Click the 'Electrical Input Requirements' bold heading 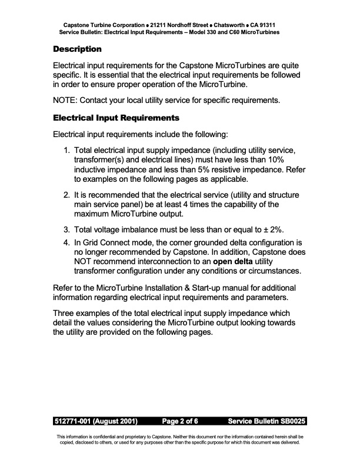point(116,118)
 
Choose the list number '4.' point(68,242)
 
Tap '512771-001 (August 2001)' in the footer point(96,422)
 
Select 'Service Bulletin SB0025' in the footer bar point(266,422)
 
